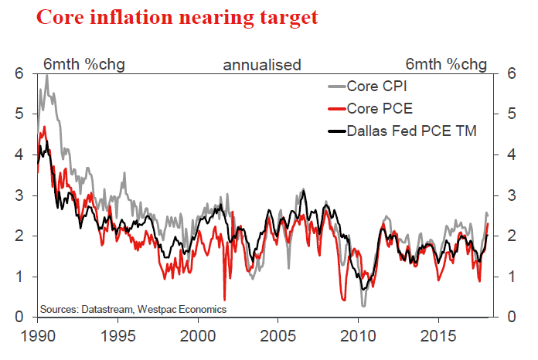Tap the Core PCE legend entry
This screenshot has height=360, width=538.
[379, 108]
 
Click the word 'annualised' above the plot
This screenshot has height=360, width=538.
[262, 64]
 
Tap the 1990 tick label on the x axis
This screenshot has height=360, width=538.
[37, 338]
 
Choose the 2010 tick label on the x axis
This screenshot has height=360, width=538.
[357, 338]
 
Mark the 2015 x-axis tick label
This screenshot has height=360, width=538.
[438, 338]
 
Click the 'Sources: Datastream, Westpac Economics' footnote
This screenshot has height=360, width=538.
[133, 309]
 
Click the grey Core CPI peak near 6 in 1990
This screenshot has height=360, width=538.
[47, 76]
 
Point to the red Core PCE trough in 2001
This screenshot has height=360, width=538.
[224, 299]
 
